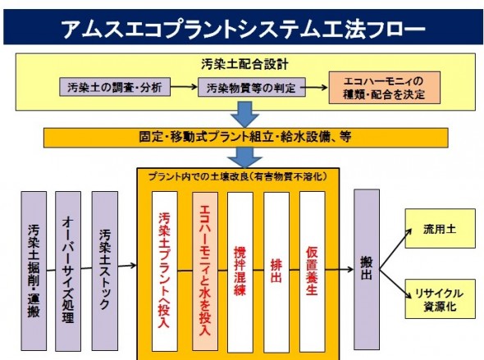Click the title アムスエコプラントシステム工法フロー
coord(244,29)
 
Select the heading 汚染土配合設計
coord(244,64)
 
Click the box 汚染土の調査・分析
coord(115,87)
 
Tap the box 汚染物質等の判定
coord(252,87)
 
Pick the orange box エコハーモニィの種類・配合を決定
coord(384,88)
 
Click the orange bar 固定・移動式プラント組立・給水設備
coord(246,138)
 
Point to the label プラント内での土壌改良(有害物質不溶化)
coord(238,176)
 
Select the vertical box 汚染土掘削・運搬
coord(34,271)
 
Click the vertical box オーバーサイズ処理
coord(68,271)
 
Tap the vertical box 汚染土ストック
coord(105,271)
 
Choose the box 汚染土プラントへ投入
coord(165,271)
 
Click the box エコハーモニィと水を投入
coord(205,271)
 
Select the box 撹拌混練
coord(240,272)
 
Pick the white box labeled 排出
coord(276,272)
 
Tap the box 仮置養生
coord(312,271)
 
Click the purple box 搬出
coord(367,269)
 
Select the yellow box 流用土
coord(441,228)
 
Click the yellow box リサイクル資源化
coord(441,298)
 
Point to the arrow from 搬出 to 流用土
coord(395,249)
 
